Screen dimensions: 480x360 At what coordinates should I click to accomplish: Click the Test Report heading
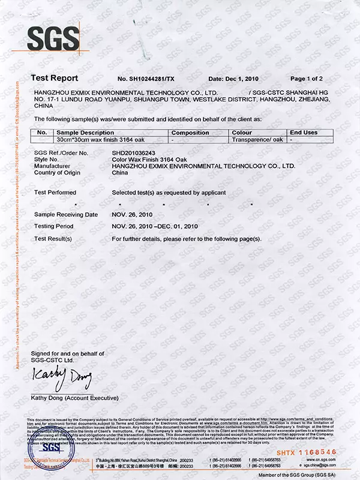point(54,79)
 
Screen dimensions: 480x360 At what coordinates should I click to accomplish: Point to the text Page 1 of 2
point(307,79)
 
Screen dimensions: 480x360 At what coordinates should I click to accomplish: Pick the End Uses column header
point(304,132)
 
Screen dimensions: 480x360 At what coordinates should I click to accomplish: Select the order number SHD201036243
point(138,154)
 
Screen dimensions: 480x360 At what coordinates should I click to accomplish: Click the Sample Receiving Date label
point(66,214)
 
